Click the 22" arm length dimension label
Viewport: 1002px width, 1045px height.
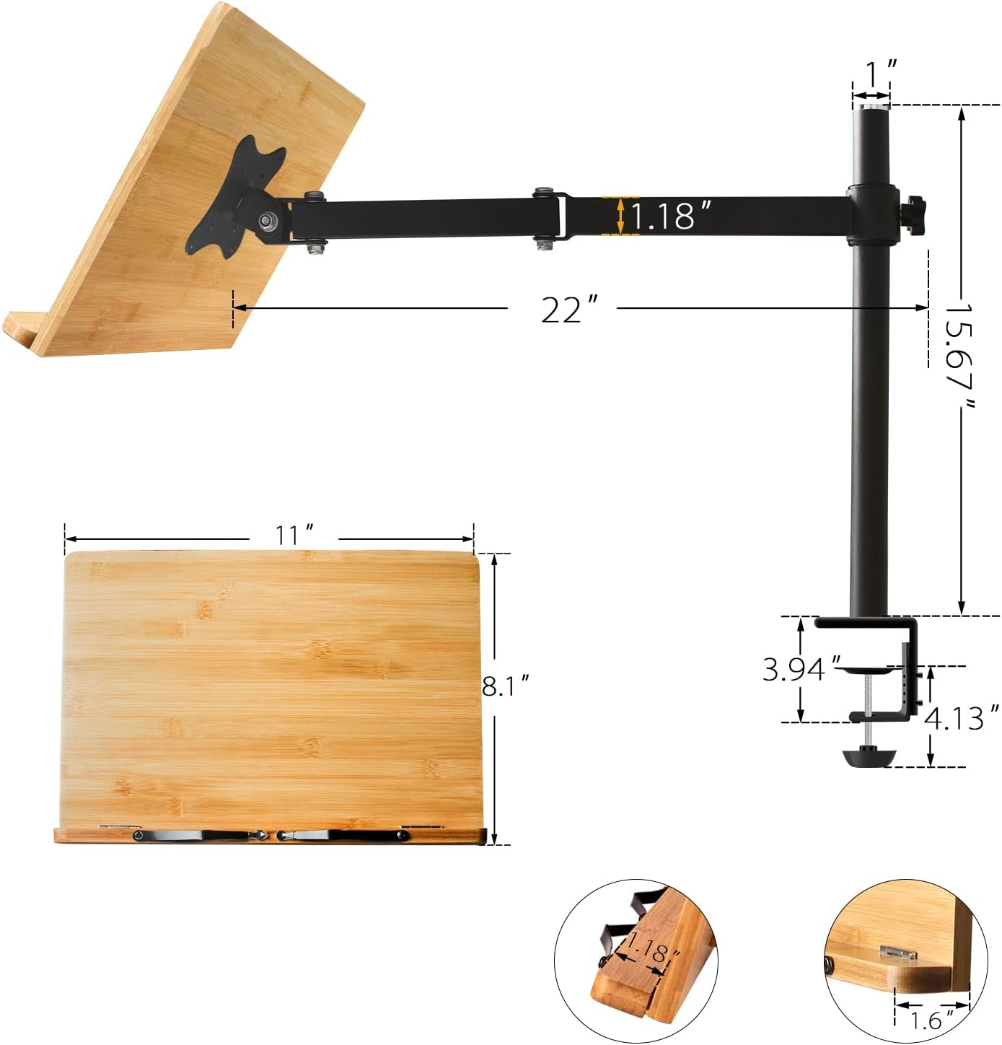pos(561,310)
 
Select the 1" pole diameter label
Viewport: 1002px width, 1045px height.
pos(880,74)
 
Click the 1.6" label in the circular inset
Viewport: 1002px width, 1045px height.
pos(927,1020)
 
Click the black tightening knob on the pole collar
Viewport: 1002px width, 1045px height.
pos(915,214)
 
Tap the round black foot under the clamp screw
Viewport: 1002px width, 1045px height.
pos(869,758)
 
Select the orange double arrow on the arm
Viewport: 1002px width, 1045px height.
pos(620,216)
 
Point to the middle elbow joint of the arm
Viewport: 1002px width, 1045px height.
pos(550,217)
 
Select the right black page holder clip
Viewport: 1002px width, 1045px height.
pos(343,836)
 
